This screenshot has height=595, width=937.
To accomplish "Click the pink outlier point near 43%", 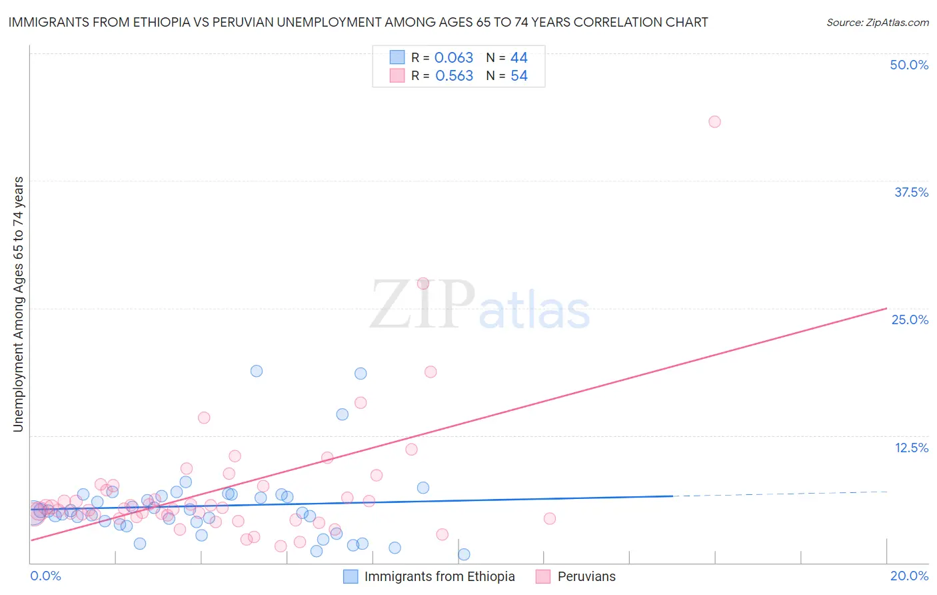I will click(714, 121).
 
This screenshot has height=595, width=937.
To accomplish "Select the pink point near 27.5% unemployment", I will click(423, 283).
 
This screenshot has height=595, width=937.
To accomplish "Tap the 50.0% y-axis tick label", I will click(908, 65).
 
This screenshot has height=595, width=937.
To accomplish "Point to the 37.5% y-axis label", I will click(910, 192).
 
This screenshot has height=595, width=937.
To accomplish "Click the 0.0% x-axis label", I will click(46, 576).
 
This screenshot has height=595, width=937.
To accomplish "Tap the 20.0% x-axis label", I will click(909, 576).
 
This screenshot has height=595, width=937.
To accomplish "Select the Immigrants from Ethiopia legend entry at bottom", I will click(439, 576).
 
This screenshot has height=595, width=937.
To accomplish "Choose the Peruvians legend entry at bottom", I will click(586, 576).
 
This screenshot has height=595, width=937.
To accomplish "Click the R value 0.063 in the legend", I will click(453, 57).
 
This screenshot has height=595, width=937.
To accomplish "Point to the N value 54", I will click(519, 76).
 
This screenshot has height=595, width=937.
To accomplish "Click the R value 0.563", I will click(454, 76).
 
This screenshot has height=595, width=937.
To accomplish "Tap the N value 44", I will click(518, 57).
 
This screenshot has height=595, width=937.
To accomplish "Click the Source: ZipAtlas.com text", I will click(877, 22).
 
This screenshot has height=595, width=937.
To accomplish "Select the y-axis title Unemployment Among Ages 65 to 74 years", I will click(19, 304).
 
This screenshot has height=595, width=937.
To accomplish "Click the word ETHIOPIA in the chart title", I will click(169, 22).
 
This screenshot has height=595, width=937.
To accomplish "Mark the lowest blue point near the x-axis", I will click(464, 554).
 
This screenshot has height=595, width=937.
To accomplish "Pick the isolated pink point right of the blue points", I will click(549, 518).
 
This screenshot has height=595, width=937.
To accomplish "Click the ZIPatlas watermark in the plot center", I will click(480, 306).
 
